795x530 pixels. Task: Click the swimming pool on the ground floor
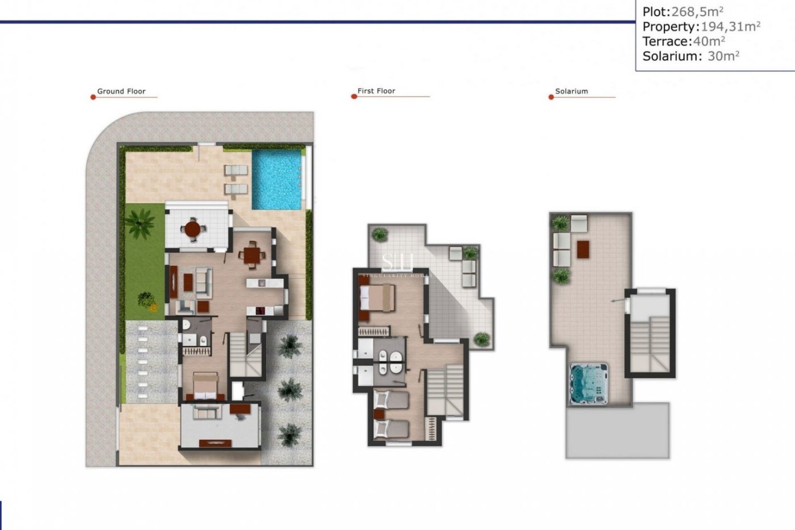click(277, 179)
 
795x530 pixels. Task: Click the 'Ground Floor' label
click(121, 92)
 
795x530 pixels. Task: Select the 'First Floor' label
click(376, 91)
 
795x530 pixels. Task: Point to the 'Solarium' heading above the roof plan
click(571, 92)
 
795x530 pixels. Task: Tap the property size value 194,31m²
click(730, 26)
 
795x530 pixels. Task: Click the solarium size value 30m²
click(723, 56)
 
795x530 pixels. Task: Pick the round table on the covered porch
click(193, 228)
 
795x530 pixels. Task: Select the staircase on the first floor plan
click(445, 389)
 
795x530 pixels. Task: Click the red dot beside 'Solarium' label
click(551, 97)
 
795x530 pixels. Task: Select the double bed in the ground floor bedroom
click(205, 386)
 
